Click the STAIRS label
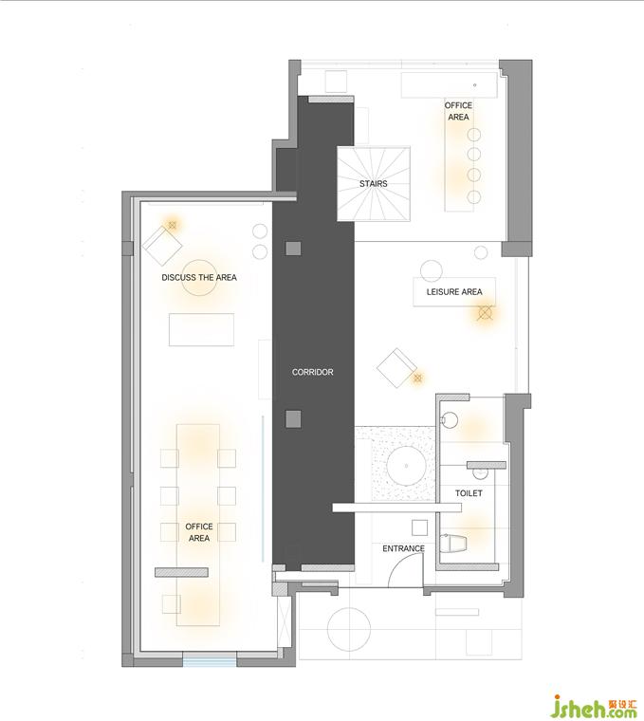coord(374,183)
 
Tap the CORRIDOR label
coord(313,372)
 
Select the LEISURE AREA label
coord(454,291)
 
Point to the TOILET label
coord(469,493)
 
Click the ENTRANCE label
coord(404,548)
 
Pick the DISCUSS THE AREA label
coord(199,277)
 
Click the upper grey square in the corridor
coord(293,249)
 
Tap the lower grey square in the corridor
coord(293,419)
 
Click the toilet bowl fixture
coord(453,544)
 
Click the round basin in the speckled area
coord(406,466)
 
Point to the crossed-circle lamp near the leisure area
coord(485,313)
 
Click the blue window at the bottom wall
coord(210,662)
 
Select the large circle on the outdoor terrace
coord(349,629)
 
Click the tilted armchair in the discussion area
coord(162,246)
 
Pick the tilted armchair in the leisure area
coord(396,368)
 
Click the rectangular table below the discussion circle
coord(201,329)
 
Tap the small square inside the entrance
coord(419,527)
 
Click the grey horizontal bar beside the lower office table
coord(181,572)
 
